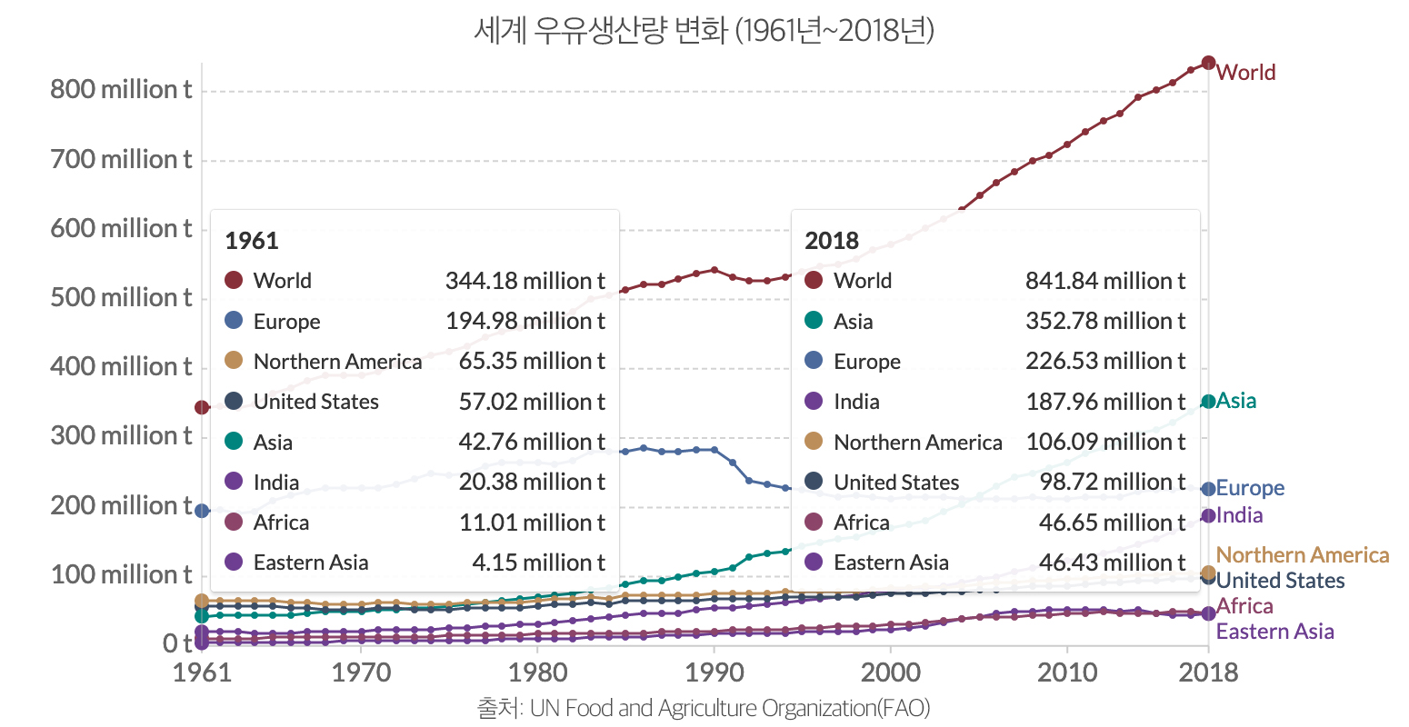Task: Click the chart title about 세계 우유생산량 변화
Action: pos(704,31)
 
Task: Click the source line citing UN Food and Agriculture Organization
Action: pos(704,708)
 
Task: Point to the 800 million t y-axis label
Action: pos(121,90)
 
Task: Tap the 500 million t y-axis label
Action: pos(121,298)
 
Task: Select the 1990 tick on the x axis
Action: pos(714,672)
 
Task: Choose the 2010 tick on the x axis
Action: pos(1066,672)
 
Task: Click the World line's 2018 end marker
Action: pos(1208,63)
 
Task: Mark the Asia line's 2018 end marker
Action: pos(1208,402)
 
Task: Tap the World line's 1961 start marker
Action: pos(202,406)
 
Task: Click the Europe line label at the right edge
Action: pos(1250,488)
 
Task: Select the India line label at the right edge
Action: pos(1239,515)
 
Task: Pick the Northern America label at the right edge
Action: pos(1302,555)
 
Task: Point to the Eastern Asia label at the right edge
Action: pos(1274,632)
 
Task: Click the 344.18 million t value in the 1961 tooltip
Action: pos(525,281)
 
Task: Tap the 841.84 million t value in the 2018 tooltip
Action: pos(1105,281)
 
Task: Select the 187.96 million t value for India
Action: pos(1105,402)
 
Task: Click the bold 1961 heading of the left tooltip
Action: pos(252,241)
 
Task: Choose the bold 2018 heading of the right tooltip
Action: pos(832,241)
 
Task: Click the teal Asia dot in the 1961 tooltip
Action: pos(234,442)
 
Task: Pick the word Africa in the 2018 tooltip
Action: pos(861,523)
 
